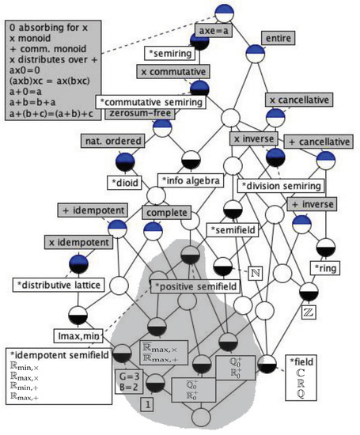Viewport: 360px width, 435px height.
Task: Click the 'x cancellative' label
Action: coord(299,100)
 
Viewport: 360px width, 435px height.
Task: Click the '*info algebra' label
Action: coord(189,180)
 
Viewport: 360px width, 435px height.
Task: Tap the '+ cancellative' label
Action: coord(320,141)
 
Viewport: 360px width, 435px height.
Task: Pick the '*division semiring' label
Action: coord(281,186)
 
